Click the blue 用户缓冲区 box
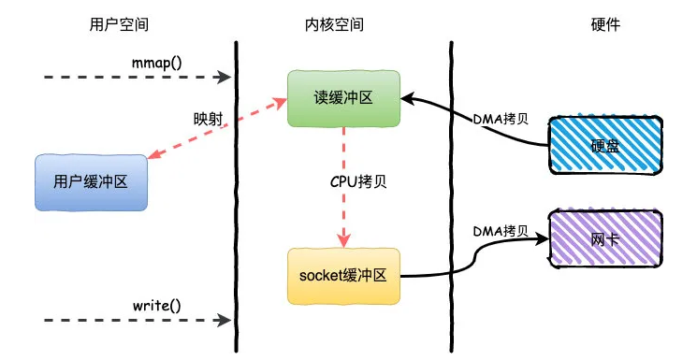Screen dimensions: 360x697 point(91,181)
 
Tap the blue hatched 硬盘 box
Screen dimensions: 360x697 point(604,146)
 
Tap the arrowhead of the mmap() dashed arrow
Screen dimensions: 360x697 point(225,76)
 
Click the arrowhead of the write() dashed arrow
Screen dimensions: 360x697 point(225,320)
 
